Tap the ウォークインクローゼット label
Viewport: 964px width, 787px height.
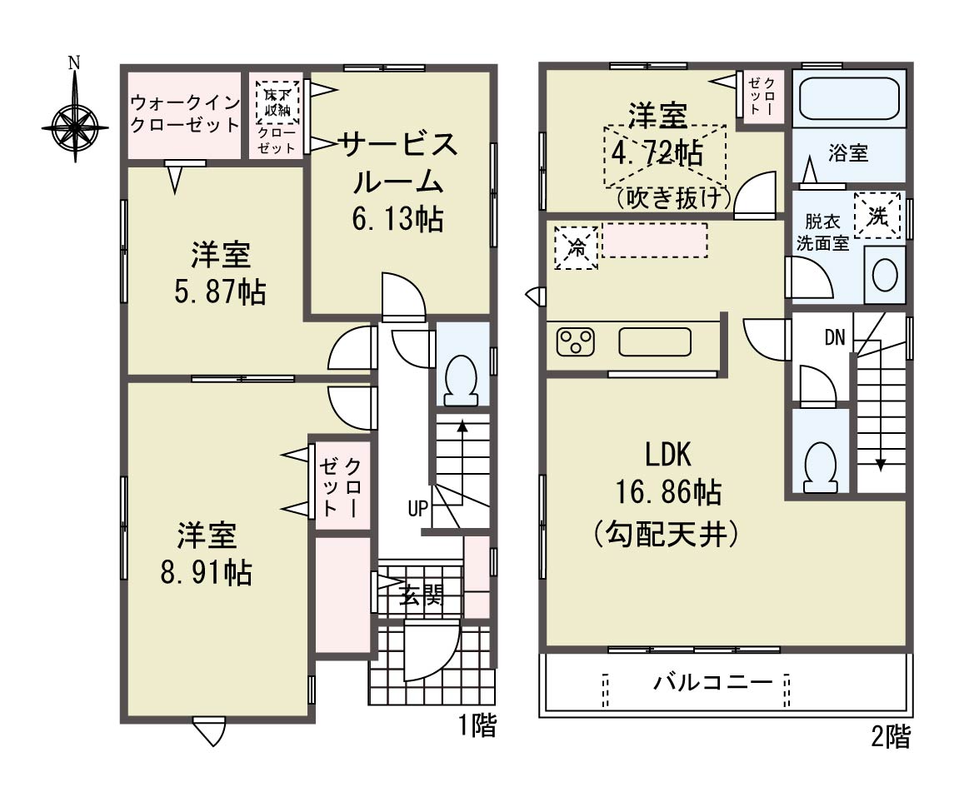(x=185, y=113)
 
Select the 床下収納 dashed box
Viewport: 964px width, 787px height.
(x=277, y=102)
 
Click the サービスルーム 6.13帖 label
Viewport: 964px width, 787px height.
(x=398, y=182)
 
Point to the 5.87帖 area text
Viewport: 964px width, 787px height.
(x=220, y=292)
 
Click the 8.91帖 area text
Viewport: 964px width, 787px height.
(x=206, y=573)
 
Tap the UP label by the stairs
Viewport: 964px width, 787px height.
(x=417, y=509)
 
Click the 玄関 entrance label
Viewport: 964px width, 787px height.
(x=421, y=595)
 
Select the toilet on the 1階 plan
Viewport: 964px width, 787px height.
(x=461, y=381)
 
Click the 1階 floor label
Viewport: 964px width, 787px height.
(x=477, y=725)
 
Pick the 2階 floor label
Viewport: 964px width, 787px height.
(x=890, y=736)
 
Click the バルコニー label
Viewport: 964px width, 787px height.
(x=712, y=683)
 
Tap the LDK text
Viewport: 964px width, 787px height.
(x=668, y=456)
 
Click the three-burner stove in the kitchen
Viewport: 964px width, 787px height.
(x=576, y=342)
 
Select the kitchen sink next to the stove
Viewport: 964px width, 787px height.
(x=655, y=342)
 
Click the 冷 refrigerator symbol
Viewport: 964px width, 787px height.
(x=576, y=248)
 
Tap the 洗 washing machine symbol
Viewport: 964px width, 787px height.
(x=877, y=216)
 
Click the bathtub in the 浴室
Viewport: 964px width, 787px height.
(x=849, y=98)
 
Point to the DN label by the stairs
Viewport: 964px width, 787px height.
(x=835, y=337)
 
